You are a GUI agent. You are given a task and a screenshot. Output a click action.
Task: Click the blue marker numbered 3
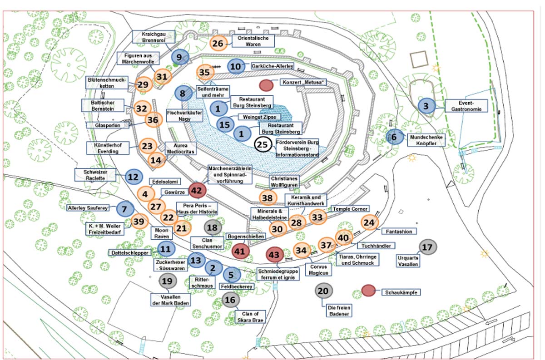coord(426,106)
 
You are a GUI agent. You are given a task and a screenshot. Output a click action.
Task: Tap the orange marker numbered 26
coord(218,44)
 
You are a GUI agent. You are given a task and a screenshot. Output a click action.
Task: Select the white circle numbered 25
coord(262,145)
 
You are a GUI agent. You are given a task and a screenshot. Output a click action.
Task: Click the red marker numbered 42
coord(196,191)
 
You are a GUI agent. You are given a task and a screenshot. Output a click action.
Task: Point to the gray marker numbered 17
coord(427,247)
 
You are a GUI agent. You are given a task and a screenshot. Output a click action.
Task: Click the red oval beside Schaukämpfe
coord(368,291)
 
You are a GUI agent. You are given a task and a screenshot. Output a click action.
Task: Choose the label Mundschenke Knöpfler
coord(426,139)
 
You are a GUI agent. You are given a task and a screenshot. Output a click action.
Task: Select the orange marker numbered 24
coord(370,222)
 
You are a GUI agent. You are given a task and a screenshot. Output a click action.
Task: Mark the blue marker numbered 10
coord(236,66)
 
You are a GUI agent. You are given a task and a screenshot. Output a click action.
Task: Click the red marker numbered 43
coord(274,255)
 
